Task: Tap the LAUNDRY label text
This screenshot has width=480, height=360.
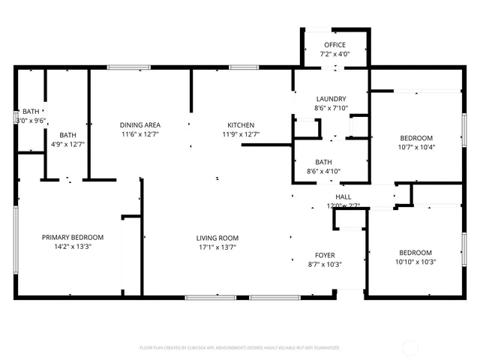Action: pyautogui.click(x=330, y=99)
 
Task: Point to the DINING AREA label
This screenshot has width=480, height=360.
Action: pyautogui.click(x=140, y=124)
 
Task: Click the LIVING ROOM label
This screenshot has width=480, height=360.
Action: pyautogui.click(x=217, y=238)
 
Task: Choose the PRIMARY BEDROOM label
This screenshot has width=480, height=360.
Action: pyautogui.click(x=73, y=237)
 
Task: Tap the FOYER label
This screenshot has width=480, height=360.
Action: pyautogui.click(x=325, y=254)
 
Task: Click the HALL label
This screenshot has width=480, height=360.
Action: pyautogui.click(x=322, y=196)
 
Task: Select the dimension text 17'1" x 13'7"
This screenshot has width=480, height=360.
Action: pyautogui.click(x=217, y=247)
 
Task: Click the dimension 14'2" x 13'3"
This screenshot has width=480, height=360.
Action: pyautogui.click(x=73, y=247)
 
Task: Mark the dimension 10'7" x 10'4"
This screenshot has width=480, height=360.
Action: pyautogui.click(x=415, y=147)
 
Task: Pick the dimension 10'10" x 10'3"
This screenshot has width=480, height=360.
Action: pyautogui.click(x=415, y=262)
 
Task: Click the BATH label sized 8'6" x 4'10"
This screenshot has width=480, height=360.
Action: pyautogui.click(x=324, y=162)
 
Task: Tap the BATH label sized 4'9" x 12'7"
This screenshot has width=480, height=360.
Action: pyautogui.click(x=68, y=135)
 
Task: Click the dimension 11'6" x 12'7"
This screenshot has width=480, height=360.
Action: pyautogui.click(x=140, y=134)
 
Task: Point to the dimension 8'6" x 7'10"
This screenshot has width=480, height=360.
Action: pyautogui.click(x=330, y=108)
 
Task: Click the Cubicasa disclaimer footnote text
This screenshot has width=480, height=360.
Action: pyautogui.click(x=240, y=348)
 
